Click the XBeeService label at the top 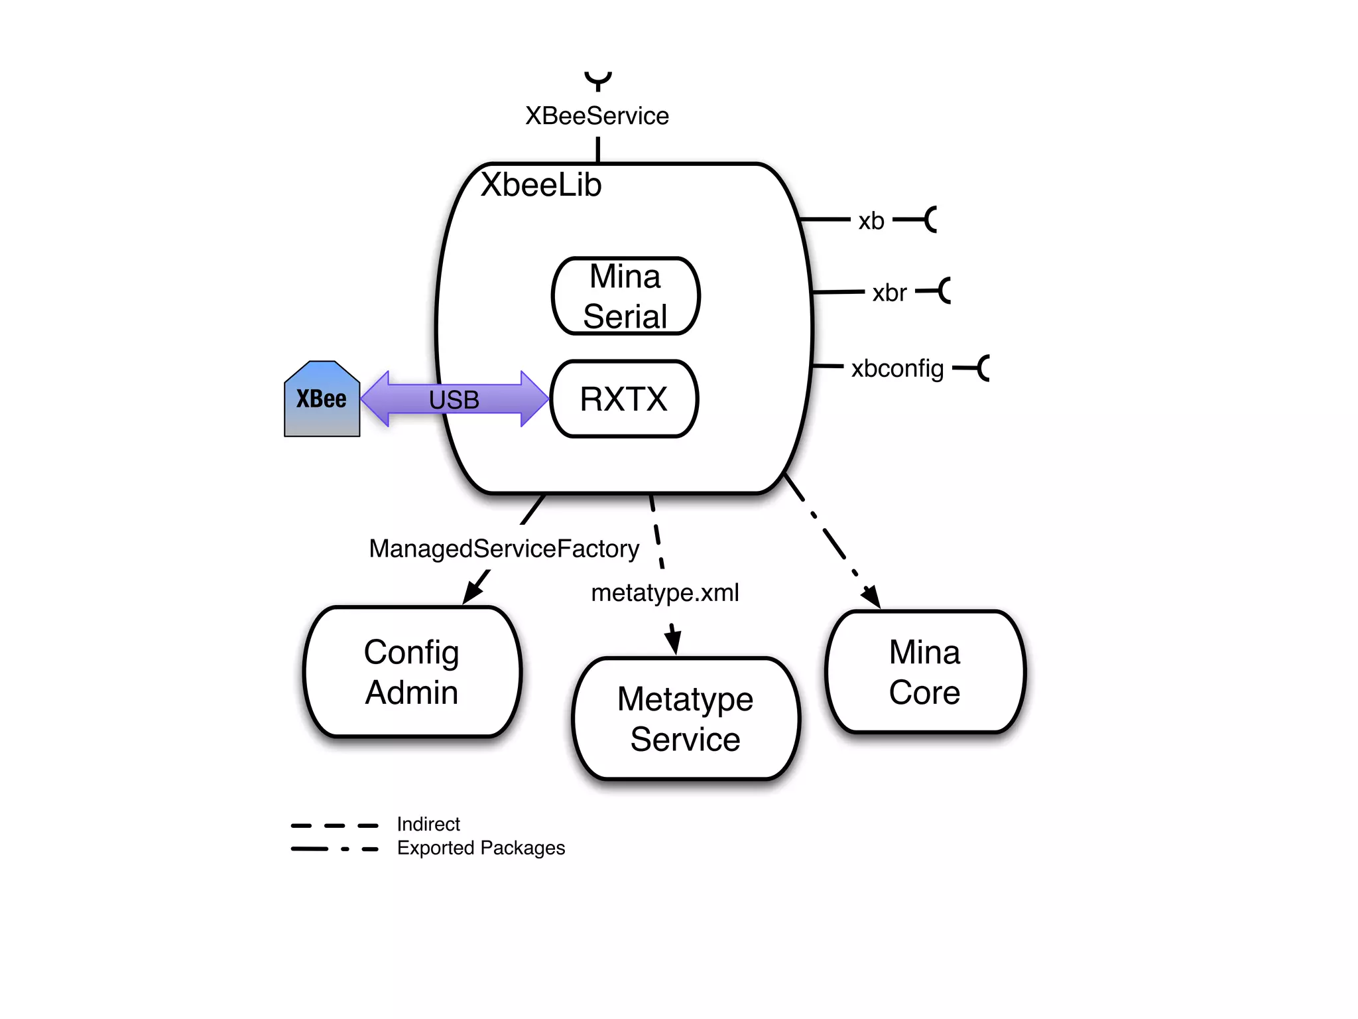(597, 116)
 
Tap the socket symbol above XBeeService (597, 80)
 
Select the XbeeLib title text (541, 184)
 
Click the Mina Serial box (625, 296)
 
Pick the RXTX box (623, 399)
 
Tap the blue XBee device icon (322, 399)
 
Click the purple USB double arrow (454, 399)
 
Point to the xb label (871, 221)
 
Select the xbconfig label (897, 368)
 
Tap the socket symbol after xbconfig (983, 368)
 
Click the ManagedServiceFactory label (504, 549)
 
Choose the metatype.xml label (664, 592)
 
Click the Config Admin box (412, 671)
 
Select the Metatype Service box (685, 718)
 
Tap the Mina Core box (924, 671)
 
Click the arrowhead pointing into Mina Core (872, 596)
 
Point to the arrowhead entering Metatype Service (674, 641)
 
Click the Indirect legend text (428, 824)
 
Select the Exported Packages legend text (481, 848)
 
